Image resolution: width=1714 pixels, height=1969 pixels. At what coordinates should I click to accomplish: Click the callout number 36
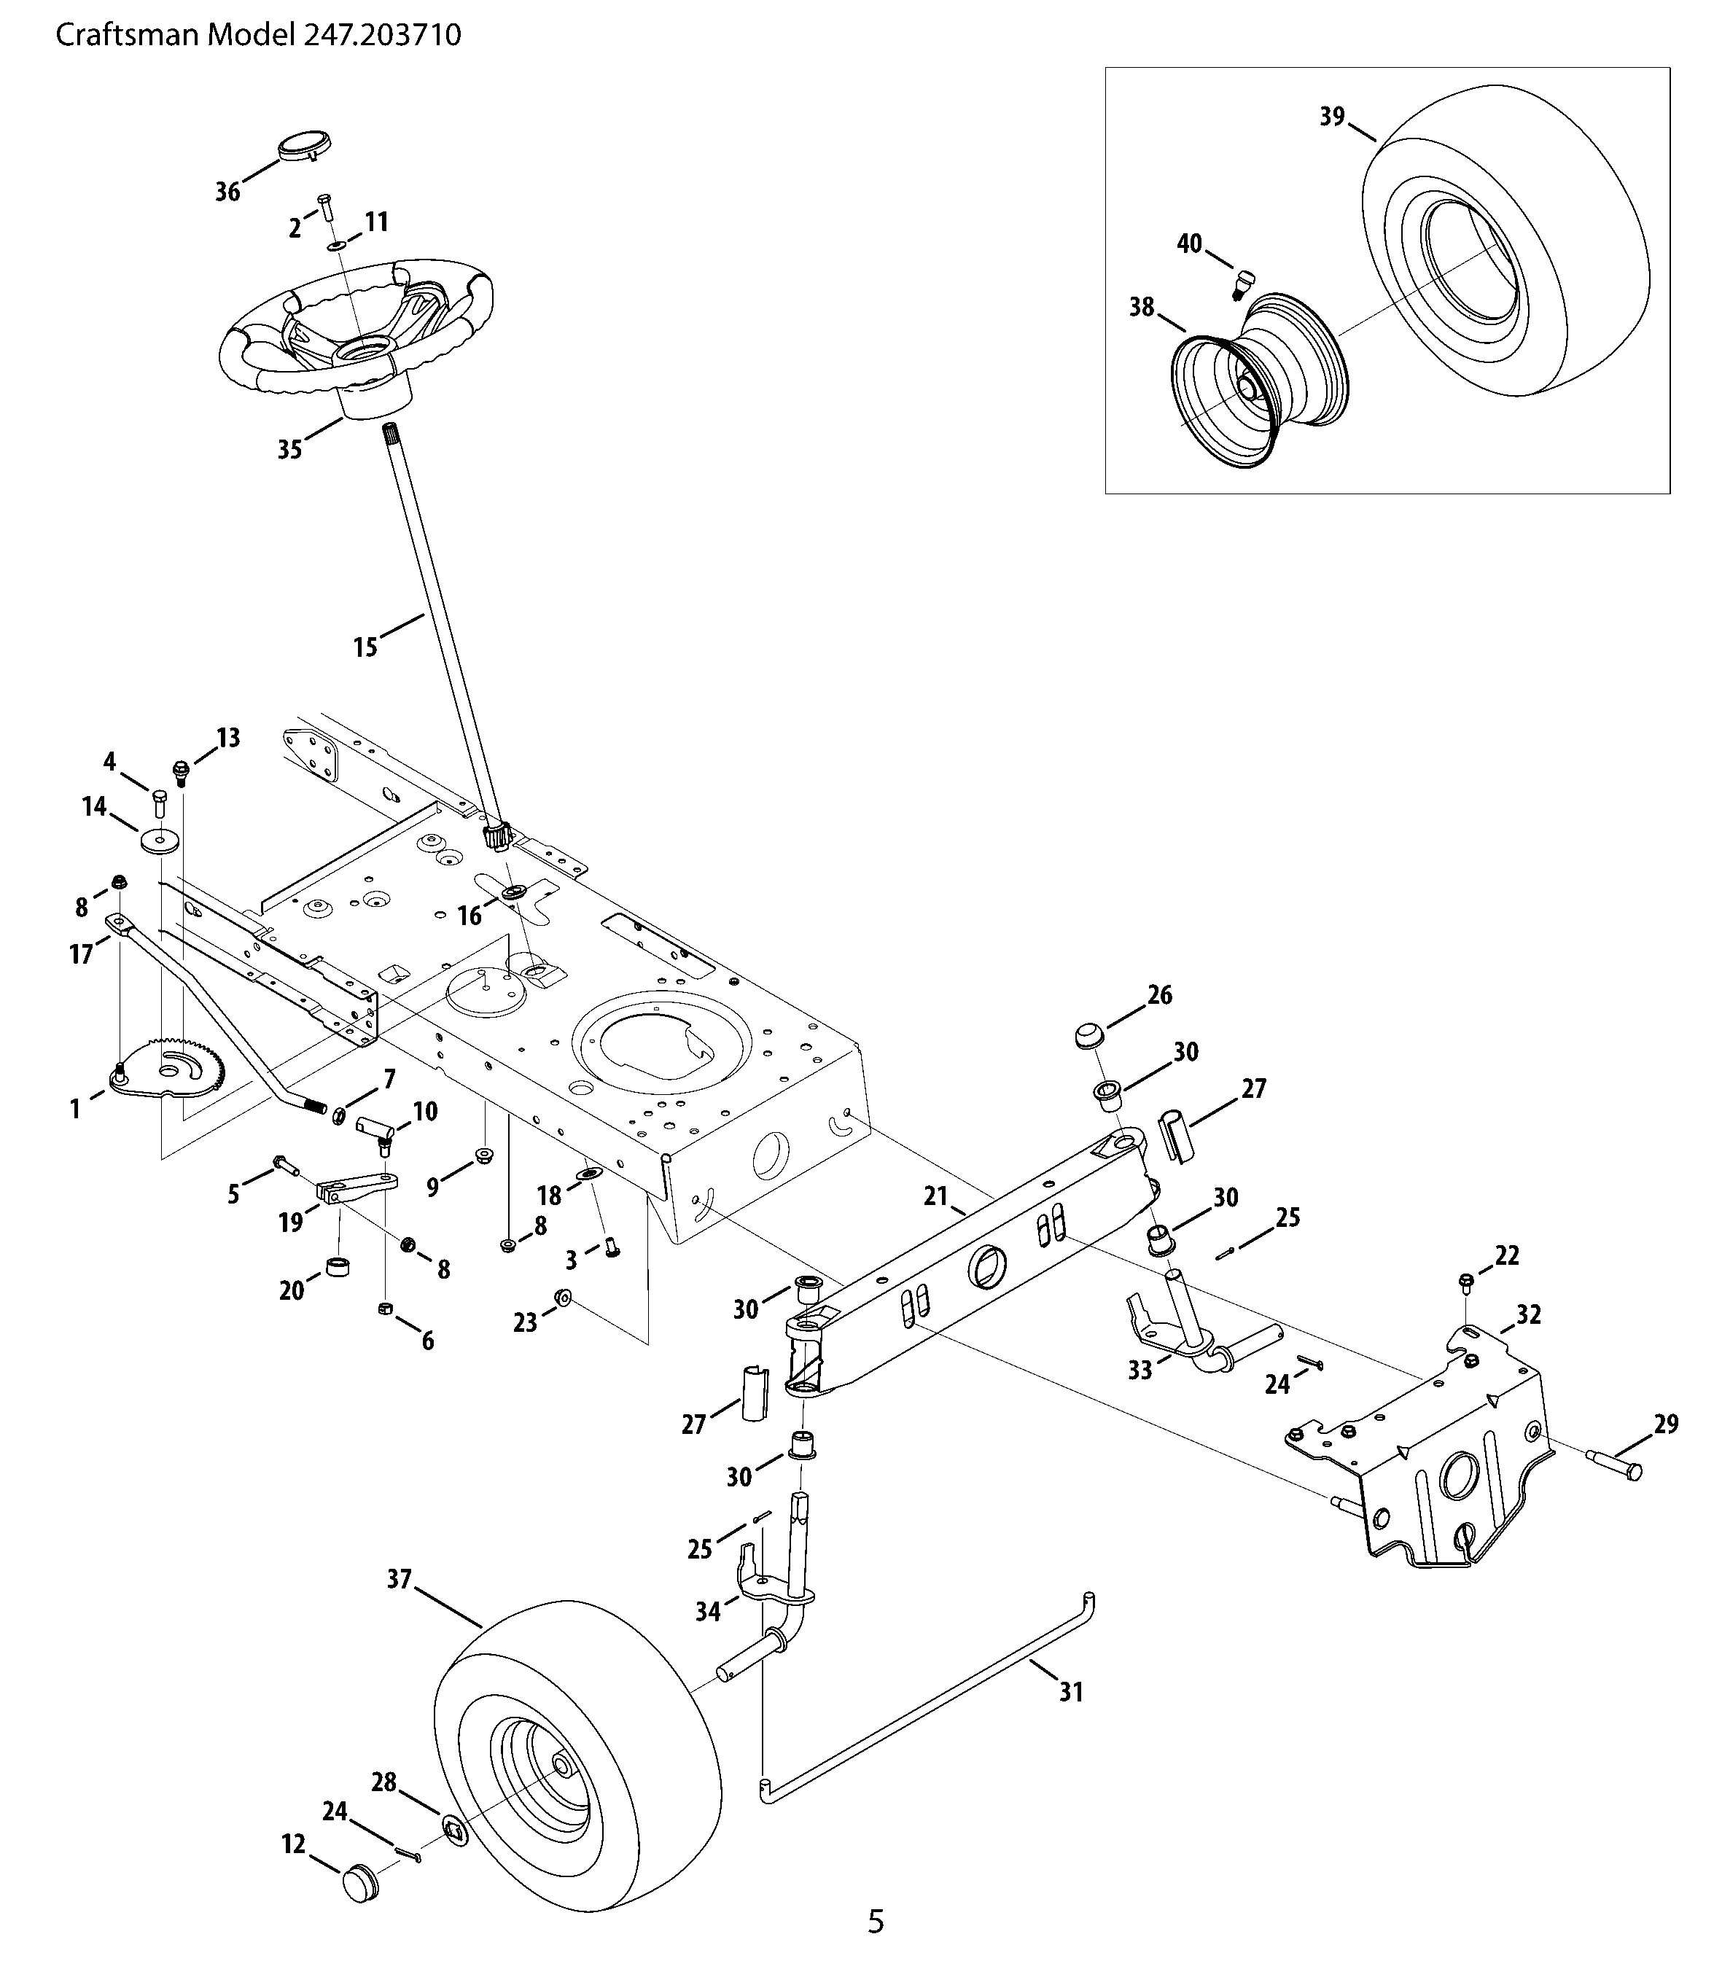pyautogui.click(x=227, y=192)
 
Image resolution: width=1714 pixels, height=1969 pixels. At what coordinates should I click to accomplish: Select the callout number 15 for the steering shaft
pyautogui.click(x=365, y=647)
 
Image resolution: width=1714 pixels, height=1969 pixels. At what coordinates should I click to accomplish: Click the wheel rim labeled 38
pyautogui.click(x=1258, y=383)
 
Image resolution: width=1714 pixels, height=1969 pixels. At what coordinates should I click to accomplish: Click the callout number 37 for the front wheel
pyautogui.click(x=399, y=1579)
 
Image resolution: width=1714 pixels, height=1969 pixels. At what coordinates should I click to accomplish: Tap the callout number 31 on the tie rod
pyautogui.click(x=1071, y=1693)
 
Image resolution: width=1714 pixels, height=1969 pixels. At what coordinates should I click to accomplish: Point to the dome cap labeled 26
pyautogui.click(x=1088, y=1034)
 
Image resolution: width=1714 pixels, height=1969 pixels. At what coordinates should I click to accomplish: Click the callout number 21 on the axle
pyautogui.click(x=935, y=1196)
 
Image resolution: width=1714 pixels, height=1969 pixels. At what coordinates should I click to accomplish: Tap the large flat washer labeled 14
pyautogui.click(x=160, y=841)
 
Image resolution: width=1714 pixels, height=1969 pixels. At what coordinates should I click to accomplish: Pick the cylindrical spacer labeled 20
pyautogui.click(x=338, y=1268)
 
